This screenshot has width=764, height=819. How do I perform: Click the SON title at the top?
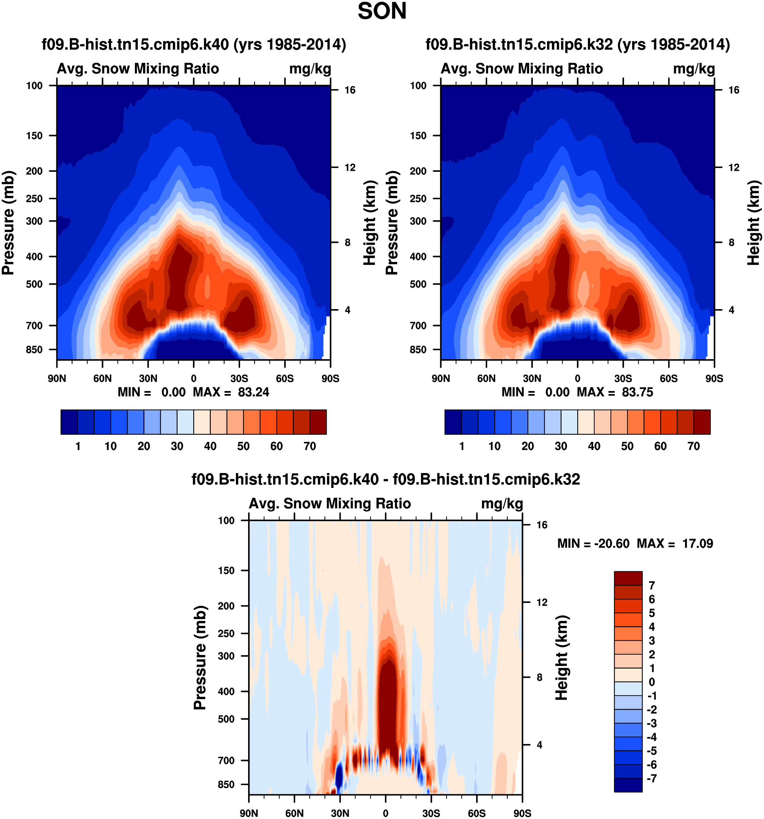pyautogui.click(x=382, y=11)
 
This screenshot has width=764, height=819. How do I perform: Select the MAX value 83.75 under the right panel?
pyautogui.click(x=637, y=392)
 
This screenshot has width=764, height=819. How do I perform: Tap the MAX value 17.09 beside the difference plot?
pyautogui.click(x=697, y=544)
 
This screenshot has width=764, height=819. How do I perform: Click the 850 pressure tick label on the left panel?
pyautogui.click(x=34, y=349)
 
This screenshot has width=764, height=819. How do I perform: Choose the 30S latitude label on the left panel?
pyautogui.click(x=239, y=378)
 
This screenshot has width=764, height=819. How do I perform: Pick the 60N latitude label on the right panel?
pyautogui.click(x=486, y=378)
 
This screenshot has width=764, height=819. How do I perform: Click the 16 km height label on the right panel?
pyautogui.click(x=733, y=90)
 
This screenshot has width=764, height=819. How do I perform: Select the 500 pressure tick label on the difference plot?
pyautogui.click(x=226, y=719)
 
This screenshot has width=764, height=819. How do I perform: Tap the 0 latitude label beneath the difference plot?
pyautogui.click(x=385, y=813)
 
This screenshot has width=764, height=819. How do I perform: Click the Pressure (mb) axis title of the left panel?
pyautogui.click(x=8, y=223)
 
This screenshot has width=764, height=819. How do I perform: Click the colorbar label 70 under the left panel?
pyautogui.click(x=309, y=446)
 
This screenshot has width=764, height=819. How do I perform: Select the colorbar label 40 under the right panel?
pyautogui.click(x=594, y=446)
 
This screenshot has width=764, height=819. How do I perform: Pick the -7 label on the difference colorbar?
pyautogui.click(x=651, y=778)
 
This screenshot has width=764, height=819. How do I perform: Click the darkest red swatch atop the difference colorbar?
pyautogui.click(x=628, y=578)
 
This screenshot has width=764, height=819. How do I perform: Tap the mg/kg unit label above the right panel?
pyautogui.click(x=694, y=69)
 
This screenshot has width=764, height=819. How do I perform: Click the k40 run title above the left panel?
pyautogui.click(x=194, y=44)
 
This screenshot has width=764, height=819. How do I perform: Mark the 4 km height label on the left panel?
pyautogui.click(x=347, y=310)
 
